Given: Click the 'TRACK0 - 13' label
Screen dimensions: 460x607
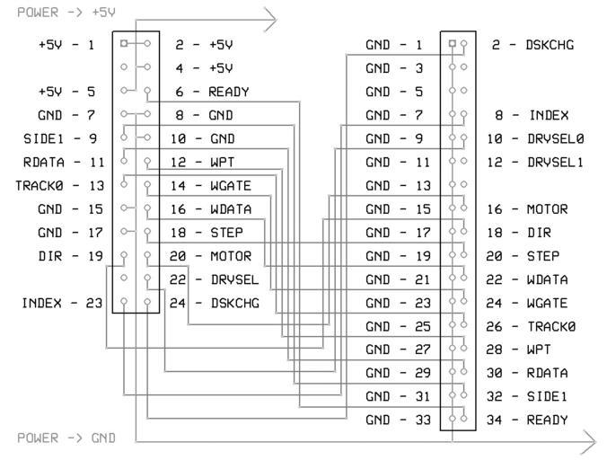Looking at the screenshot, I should pyautogui.click(x=55, y=186).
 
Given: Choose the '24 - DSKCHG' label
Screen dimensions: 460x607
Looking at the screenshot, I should pyautogui.click(x=215, y=303).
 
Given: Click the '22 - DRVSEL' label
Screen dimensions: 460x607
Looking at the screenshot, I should pyautogui.click(x=215, y=279).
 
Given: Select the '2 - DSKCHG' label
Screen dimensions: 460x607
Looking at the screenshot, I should pyautogui.click(x=532, y=44).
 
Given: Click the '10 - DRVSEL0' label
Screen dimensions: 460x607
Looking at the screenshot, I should pyautogui.click(x=535, y=138).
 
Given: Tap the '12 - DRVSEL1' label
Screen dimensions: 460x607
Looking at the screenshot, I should pyautogui.click(x=535, y=163).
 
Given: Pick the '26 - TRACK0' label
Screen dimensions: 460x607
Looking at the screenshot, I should pyautogui.click(x=531, y=326).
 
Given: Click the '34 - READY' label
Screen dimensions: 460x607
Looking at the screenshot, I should pyautogui.click(x=528, y=420).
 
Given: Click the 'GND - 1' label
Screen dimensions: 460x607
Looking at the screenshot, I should pyautogui.click(x=394, y=44).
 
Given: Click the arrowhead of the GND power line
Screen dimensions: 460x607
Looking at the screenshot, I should pyautogui.click(x=589, y=440).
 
